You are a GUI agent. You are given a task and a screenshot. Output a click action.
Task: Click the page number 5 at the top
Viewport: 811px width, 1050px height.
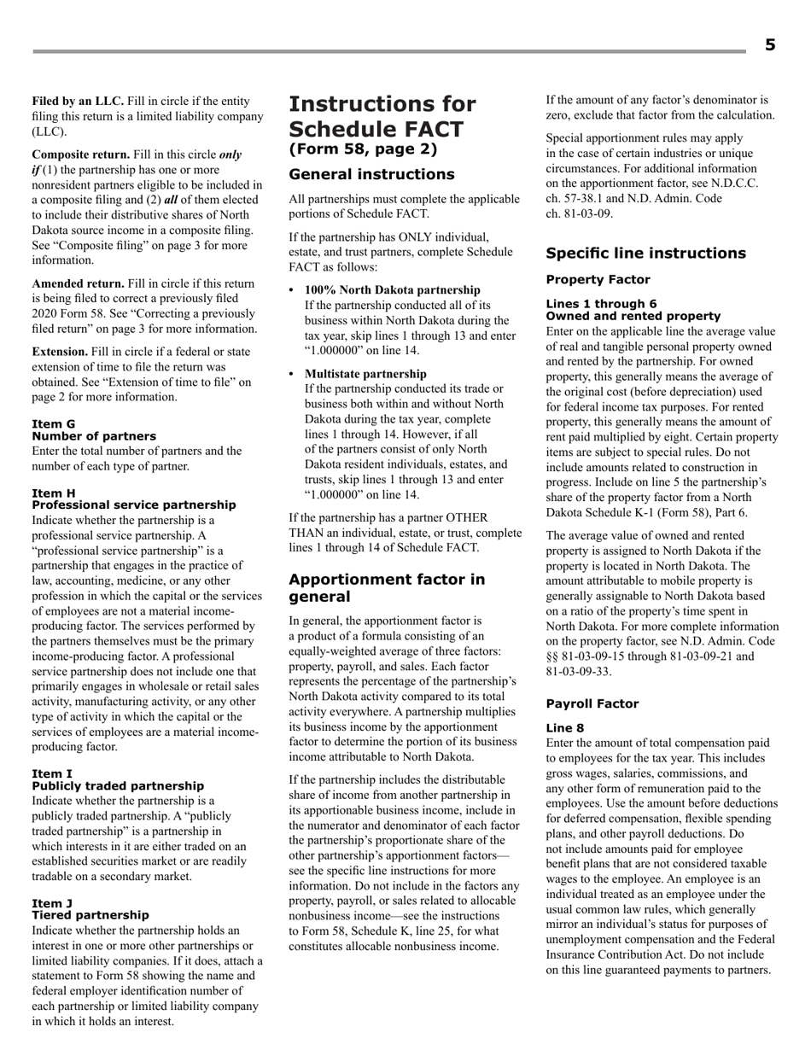[x=769, y=45]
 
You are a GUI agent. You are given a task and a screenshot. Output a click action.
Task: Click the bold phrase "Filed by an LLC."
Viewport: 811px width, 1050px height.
[x=78, y=101]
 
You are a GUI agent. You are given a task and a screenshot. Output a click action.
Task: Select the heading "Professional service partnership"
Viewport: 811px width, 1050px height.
[x=134, y=505]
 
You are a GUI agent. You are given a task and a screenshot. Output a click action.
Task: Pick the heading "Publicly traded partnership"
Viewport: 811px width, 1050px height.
[x=118, y=786]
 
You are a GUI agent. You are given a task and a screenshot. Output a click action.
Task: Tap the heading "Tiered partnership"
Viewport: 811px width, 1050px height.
[x=90, y=916]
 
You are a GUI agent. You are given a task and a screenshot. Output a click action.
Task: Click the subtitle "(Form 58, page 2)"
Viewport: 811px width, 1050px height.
[x=363, y=149]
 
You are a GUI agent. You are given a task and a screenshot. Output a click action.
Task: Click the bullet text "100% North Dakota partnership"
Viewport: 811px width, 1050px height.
[x=392, y=290]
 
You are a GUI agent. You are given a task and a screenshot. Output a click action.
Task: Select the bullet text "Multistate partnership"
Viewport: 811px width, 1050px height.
[x=365, y=374]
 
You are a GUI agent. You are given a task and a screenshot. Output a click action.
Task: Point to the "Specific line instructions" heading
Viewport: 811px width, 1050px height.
[x=645, y=254]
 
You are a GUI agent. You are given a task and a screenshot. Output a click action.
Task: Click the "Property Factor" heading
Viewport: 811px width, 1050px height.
[x=598, y=280]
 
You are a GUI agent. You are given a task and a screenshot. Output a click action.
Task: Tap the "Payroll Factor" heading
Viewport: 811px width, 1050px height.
[x=592, y=704]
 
